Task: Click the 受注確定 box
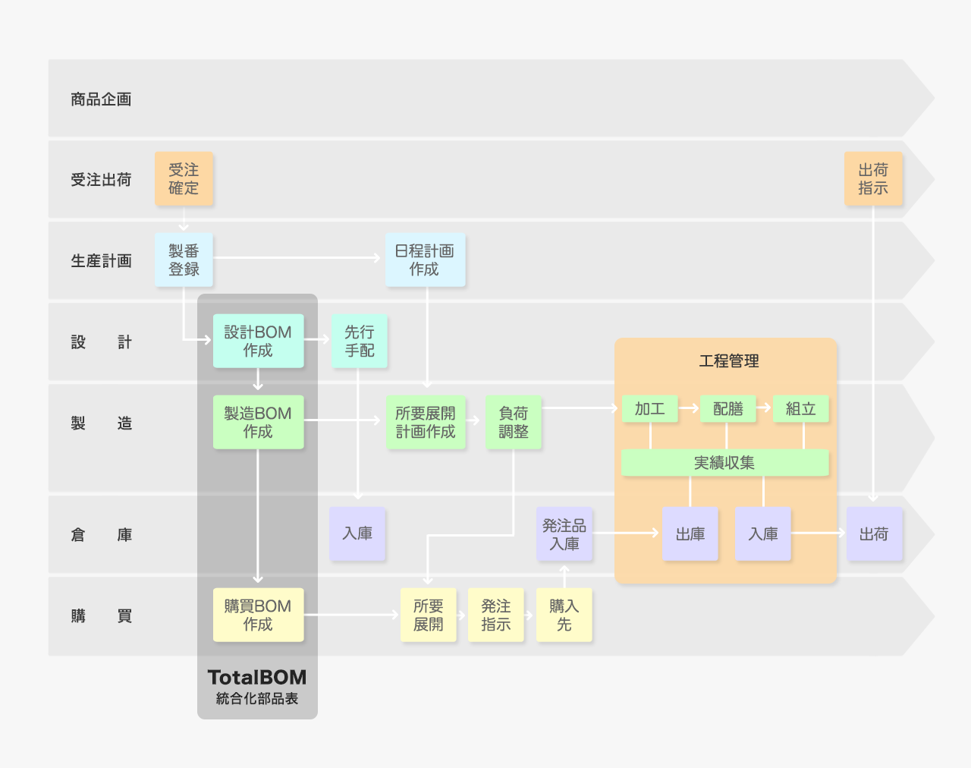coord(184,179)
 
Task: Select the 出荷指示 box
coord(873,179)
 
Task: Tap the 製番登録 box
coord(184,260)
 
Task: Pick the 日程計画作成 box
coord(425,260)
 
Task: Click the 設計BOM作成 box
coord(258,342)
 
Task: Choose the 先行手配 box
coord(360,342)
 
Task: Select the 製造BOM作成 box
coord(258,423)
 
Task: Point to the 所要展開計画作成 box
coord(426,423)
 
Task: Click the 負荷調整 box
coord(514,423)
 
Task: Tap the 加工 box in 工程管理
coord(650,409)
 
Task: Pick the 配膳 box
coord(728,409)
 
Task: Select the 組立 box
coord(801,409)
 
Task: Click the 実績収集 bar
coord(724,463)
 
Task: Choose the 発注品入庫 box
coord(564,534)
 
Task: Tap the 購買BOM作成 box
coord(258,615)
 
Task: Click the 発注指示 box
coord(496,615)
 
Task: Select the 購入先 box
coord(564,615)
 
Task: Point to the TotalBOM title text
coord(257,678)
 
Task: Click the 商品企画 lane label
coord(101,99)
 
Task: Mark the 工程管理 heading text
coord(729,361)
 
